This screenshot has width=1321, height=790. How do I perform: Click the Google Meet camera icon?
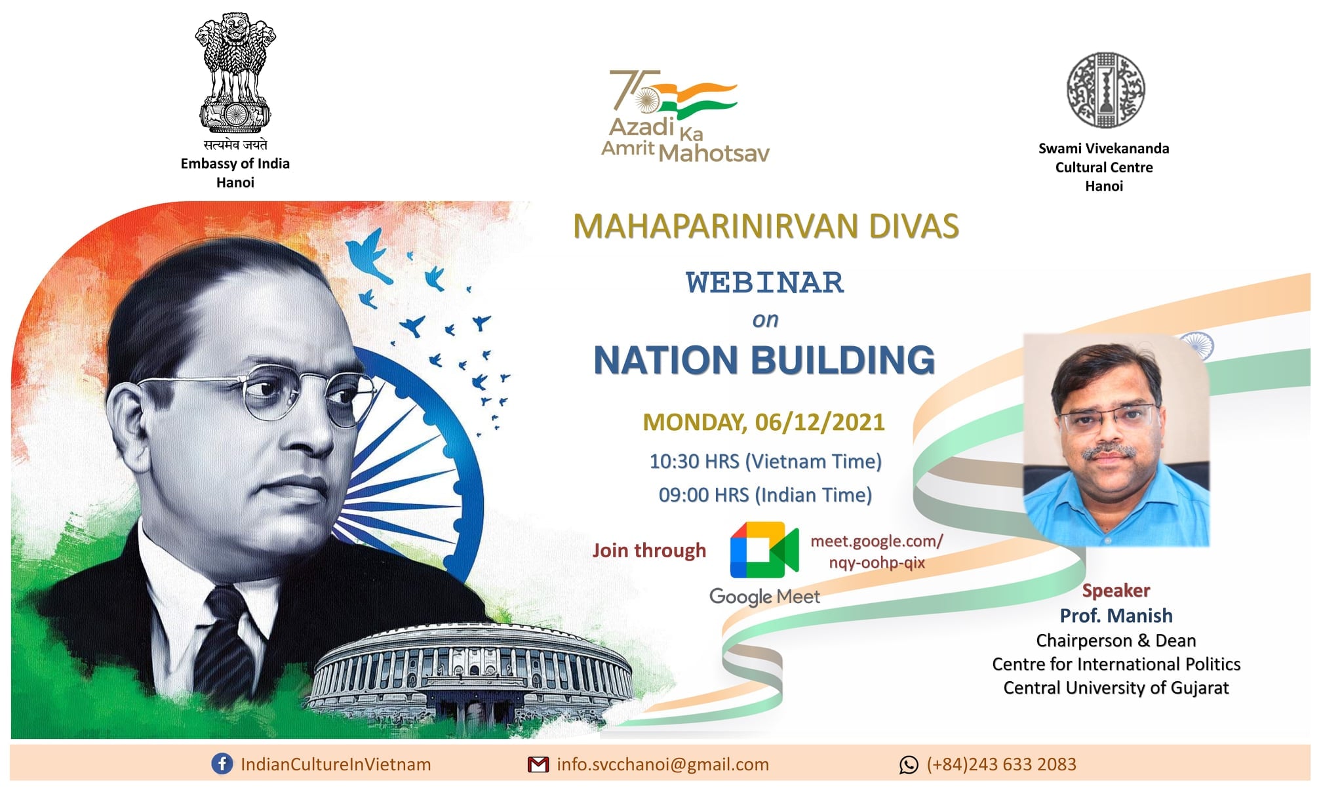[764, 549]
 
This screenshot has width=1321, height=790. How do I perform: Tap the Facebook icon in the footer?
[222, 764]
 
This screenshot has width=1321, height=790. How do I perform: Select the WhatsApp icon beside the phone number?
[909, 764]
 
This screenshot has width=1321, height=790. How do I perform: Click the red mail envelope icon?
[538, 764]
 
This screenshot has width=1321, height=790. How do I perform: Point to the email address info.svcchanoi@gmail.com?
[663, 764]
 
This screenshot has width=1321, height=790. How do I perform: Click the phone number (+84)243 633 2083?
[1001, 764]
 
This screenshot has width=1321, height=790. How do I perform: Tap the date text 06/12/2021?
[819, 422]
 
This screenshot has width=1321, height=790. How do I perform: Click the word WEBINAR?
[765, 283]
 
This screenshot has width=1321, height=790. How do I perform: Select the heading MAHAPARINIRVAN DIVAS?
[766, 226]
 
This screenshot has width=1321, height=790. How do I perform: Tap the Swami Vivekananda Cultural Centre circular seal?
[1105, 90]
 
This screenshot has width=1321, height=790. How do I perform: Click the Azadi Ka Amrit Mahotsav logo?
[685, 116]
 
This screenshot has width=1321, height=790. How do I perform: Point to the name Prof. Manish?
[1116, 616]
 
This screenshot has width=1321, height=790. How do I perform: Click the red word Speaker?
[1116, 591]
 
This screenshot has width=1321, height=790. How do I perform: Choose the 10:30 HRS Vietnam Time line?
[765, 462]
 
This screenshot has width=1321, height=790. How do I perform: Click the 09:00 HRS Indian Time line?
[765, 495]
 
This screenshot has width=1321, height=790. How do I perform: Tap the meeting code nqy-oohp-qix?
[877, 563]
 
